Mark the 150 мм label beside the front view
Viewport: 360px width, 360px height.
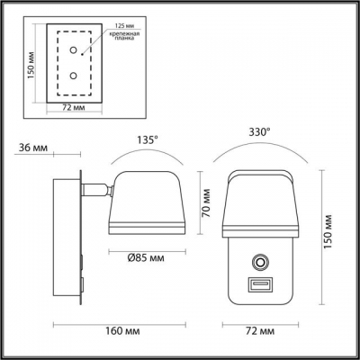pos(328,235)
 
